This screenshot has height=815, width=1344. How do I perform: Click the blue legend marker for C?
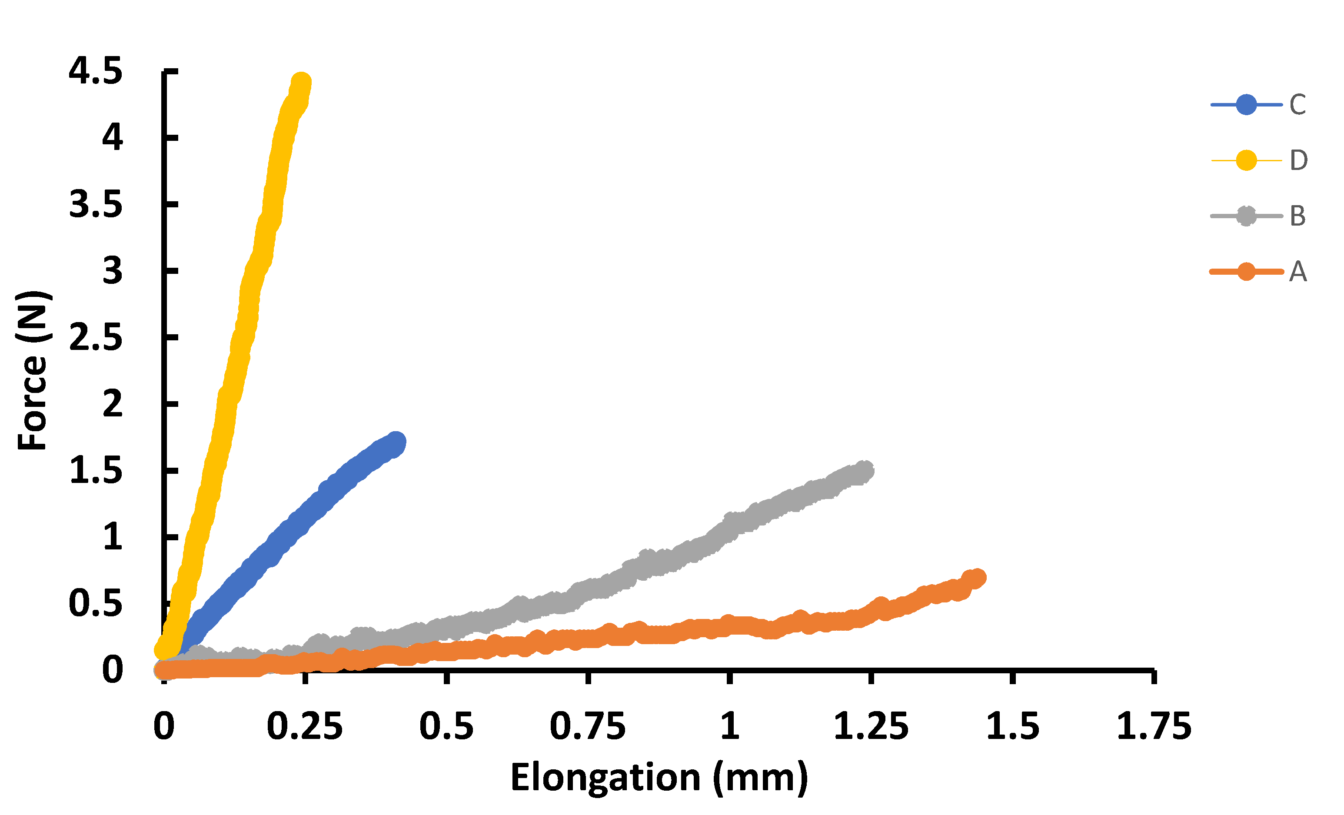tap(1246, 104)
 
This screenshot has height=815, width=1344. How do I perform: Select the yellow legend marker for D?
tap(1246, 160)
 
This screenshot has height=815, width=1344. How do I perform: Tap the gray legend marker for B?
tap(1246, 216)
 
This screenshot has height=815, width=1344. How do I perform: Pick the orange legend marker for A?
tap(1246, 272)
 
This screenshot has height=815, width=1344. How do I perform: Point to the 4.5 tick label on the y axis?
tap(96, 71)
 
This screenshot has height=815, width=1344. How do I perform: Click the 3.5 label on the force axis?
tap(96, 205)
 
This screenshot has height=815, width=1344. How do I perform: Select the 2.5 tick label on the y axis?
tap(96, 338)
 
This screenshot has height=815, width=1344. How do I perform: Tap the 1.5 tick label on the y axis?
tap(96, 471)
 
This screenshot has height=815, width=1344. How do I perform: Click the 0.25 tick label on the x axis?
tap(304, 727)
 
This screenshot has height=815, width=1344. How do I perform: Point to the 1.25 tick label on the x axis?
tap(871, 727)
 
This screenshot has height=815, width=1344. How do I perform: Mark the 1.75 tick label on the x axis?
tap(1154, 727)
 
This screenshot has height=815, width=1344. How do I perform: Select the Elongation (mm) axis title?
tap(659, 777)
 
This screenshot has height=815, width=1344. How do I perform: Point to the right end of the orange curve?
tap(976, 578)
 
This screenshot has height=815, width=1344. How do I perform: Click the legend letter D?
tap(1299, 160)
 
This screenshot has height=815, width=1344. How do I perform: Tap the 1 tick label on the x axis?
tap(729, 727)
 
